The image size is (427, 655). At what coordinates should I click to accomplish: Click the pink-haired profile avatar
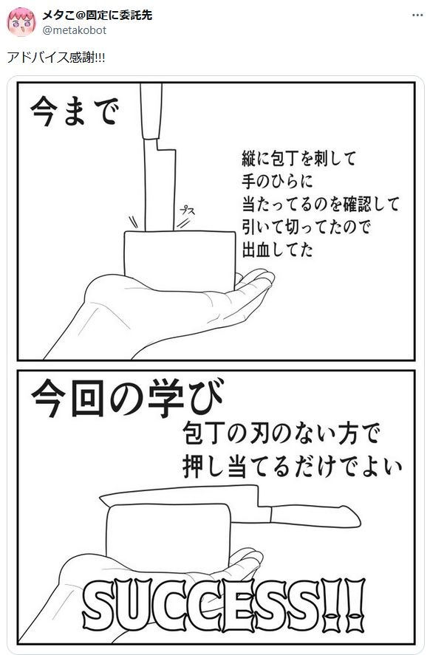click(x=21, y=22)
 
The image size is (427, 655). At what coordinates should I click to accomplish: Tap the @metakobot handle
click(x=75, y=30)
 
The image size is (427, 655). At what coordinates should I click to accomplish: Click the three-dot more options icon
click(x=417, y=15)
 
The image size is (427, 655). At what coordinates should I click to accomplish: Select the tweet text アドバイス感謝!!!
click(x=56, y=57)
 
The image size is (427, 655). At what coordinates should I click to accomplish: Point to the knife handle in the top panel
click(x=151, y=111)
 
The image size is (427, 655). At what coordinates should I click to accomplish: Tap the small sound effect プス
click(x=187, y=210)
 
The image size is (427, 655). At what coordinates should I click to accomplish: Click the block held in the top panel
click(x=180, y=259)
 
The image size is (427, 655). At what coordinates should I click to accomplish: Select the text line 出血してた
click(x=278, y=250)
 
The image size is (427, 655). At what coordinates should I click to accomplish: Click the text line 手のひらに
click(x=278, y=182)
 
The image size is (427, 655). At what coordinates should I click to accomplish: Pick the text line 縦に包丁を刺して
click(x=299, y=158)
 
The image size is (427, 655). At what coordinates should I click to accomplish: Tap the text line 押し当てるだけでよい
click(x=293, y=467)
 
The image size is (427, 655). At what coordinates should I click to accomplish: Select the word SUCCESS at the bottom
click(x=202, y=605)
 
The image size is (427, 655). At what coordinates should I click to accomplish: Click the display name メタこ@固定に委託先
click(x=98, y=15)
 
